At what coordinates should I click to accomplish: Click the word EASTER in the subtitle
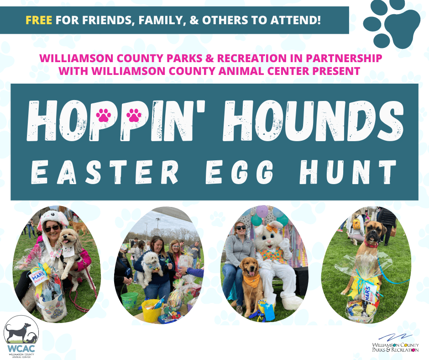click(105, 173)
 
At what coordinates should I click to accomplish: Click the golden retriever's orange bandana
click(251, 279)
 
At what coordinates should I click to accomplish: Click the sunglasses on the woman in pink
click(51, 228)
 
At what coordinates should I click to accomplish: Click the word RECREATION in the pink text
click(280, 59)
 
